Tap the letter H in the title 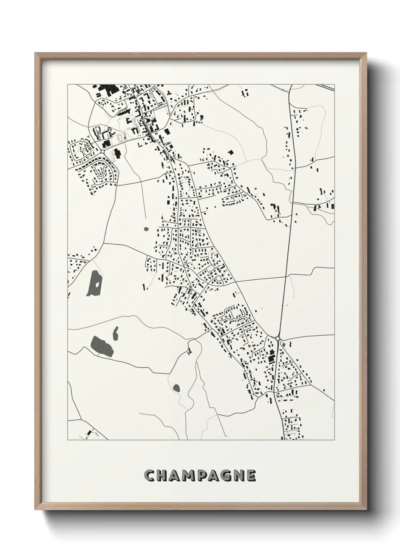163,476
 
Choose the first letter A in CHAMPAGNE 175,476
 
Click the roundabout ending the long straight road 278,338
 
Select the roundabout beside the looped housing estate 102,151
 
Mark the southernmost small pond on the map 176,387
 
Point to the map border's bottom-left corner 68,440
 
